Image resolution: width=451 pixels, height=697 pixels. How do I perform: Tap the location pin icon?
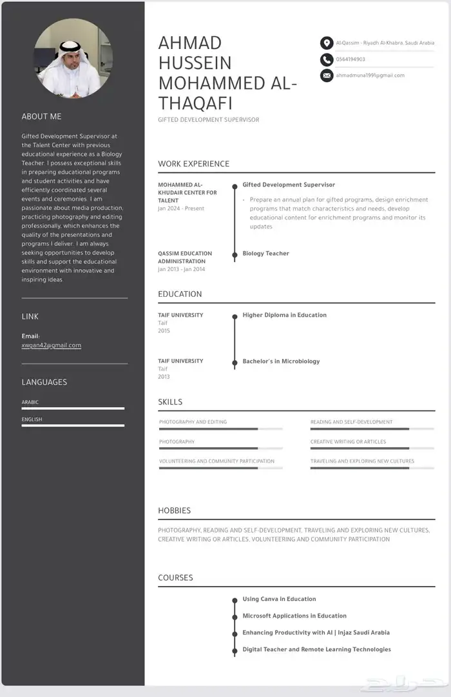coord(327,43)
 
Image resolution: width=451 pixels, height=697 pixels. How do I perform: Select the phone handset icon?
coord(327,59)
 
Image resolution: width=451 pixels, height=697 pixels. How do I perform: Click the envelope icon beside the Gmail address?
coord(327,76)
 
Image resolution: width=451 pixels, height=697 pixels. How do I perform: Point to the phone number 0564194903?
coord(350,59)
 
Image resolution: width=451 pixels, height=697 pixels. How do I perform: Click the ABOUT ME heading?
coord(42,117)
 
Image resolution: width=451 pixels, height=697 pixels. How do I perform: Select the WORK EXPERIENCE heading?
coord(193,164)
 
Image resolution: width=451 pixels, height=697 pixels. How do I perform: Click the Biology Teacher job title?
coord(265,254)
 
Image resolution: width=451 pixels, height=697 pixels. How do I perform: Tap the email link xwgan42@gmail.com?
coord(52,345)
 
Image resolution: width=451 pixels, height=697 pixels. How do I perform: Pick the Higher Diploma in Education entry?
coord(284,315)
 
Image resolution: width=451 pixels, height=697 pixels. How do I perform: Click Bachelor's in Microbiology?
coord(281,361)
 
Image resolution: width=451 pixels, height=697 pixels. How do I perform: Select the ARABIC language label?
coord(30,402)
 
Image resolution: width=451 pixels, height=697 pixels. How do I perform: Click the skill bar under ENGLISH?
coord(73,425)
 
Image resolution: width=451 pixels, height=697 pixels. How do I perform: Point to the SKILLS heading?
coord(170,402)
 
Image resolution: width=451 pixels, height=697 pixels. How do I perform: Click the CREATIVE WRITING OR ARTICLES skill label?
coord(348,442)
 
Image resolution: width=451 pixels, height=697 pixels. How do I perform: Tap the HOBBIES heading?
coord(174,510)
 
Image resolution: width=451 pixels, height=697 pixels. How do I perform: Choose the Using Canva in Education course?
coord(279,599)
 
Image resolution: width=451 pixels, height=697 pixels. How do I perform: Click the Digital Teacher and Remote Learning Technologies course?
coord(316,649)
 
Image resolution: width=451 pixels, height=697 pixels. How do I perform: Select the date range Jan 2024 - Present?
coord(180,209)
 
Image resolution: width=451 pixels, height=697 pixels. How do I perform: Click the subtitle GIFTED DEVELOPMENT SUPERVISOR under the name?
coord(208,120)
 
